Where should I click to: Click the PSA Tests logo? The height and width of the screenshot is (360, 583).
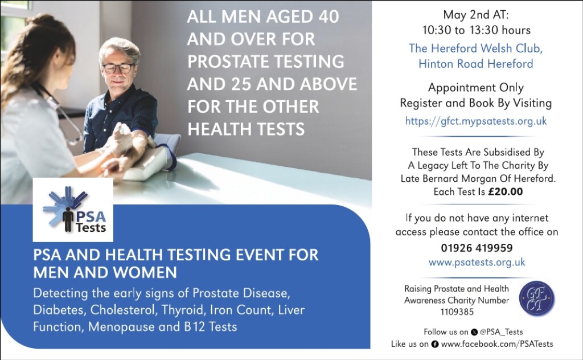(x=73, y=210)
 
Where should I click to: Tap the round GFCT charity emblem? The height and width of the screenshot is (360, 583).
(x=536, y=298)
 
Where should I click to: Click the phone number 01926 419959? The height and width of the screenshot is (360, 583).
(x=477, y=248)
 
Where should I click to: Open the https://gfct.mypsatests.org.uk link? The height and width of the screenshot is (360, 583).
(x=476, y=121)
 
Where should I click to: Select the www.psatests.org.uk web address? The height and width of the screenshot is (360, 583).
(x=477, y=262)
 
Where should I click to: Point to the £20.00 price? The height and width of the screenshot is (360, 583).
(x=506, y=191)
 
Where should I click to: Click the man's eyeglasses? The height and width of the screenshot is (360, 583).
(x=118, y=68)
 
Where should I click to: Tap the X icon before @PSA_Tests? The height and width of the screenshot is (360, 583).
(x=474, y=332)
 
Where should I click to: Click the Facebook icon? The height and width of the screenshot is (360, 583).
(x=434, y=345)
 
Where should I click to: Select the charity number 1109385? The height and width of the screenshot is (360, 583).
(x=457, y=312)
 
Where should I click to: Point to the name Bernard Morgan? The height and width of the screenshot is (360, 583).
(x=459, y=179)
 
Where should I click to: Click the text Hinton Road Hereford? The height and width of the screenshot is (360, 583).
(x=476, y=64)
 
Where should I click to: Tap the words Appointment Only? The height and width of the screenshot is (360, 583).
(x=476, y=88)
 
